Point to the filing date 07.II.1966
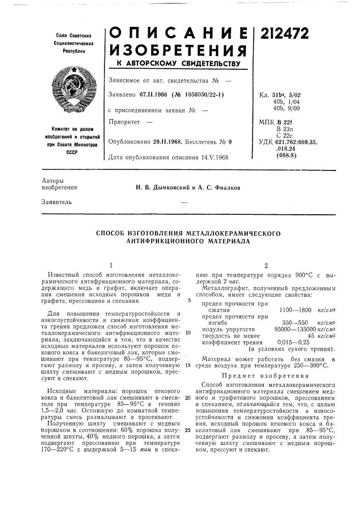point(161,95)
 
